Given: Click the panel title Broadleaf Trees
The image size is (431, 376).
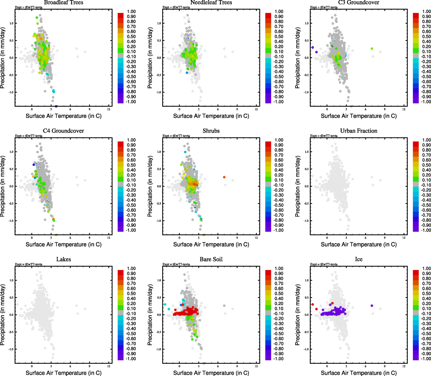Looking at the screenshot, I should pos(63,3).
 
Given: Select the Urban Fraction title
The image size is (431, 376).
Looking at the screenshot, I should pos(359,131).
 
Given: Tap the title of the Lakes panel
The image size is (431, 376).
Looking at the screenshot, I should pos(63,259).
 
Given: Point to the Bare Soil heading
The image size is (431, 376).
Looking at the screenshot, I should pos(211,259).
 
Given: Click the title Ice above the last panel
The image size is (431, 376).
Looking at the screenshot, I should pos(359,259).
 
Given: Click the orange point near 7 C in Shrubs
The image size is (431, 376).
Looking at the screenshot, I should pos(224,177).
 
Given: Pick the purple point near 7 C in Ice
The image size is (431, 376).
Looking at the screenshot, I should pos(372,305).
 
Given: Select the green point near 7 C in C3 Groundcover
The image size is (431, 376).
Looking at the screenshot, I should pos(372,49).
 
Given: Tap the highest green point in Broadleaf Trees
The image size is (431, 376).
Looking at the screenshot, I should pos(37,18).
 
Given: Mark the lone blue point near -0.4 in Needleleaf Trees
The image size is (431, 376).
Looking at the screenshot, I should pos(187,73).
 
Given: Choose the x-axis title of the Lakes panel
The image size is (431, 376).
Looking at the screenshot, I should pos(63,373).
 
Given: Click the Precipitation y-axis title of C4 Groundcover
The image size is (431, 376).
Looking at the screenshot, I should pos(3,186).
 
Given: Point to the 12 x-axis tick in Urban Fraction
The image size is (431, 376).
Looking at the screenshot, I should pos(404,238).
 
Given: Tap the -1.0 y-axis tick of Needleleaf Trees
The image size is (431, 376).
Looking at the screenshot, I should pos(159,92).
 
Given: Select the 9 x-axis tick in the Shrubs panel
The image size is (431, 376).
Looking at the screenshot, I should pos(237,238).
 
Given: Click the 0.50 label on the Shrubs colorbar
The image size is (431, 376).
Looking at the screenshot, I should pos(279,165).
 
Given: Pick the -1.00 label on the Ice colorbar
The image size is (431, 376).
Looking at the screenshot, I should pos(426,359).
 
